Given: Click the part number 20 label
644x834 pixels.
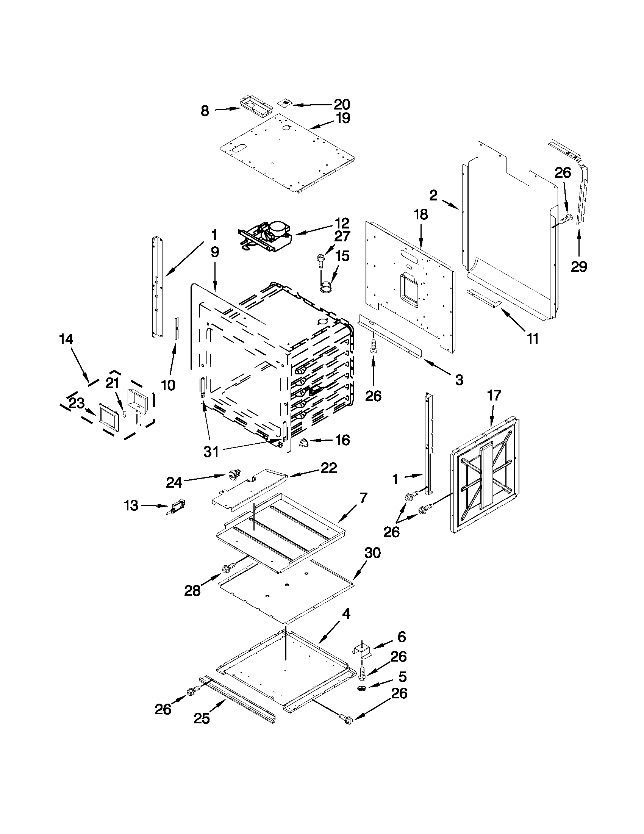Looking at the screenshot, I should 342,104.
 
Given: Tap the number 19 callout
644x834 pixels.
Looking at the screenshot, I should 343,118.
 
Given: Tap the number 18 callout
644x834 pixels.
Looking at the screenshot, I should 420,214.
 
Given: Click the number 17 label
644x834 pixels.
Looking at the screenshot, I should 494,395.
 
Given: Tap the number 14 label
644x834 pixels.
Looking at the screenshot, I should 66,339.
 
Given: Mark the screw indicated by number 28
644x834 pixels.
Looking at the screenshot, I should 227,579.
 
